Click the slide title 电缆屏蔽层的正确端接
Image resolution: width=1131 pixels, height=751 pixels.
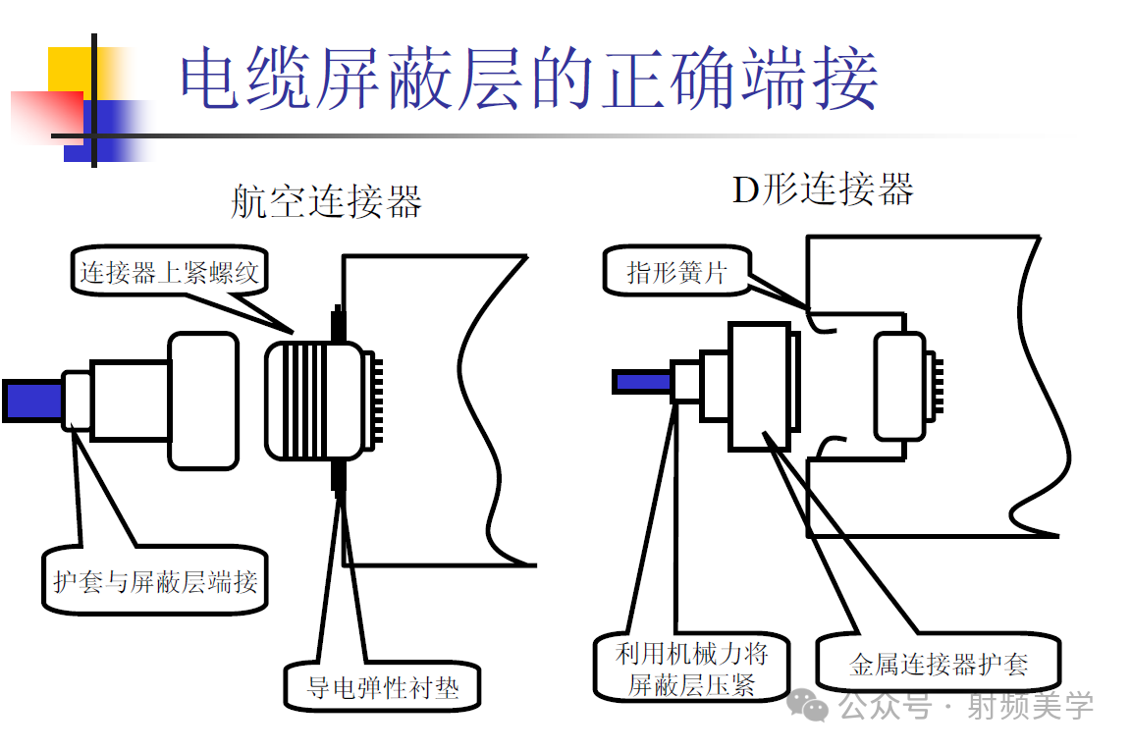coord(528,79)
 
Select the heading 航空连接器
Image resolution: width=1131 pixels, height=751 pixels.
coord(326,201)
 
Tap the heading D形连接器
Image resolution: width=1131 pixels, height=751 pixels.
coord(823,188)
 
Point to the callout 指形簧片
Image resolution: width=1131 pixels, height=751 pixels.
coord(676,272)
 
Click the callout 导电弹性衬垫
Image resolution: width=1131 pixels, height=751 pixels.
coord(383,686)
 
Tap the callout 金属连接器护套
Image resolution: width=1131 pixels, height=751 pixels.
coord(938,665)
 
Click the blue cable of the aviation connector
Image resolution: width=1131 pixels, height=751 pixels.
coord(31,400)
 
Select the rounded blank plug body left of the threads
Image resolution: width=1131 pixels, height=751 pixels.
coord(203,400)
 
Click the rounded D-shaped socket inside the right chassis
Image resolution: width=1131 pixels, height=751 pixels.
coord(899,385)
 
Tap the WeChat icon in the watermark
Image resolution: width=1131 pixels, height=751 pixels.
coord(812,704)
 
